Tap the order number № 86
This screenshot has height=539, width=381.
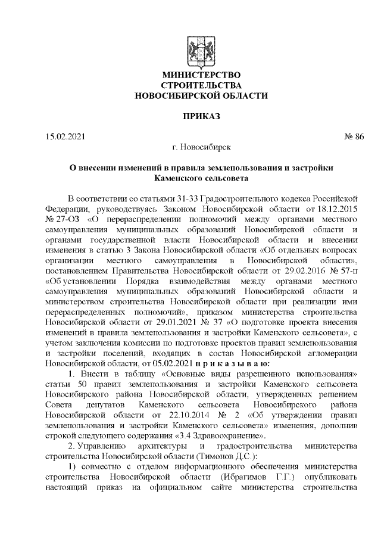pos(354,136)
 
